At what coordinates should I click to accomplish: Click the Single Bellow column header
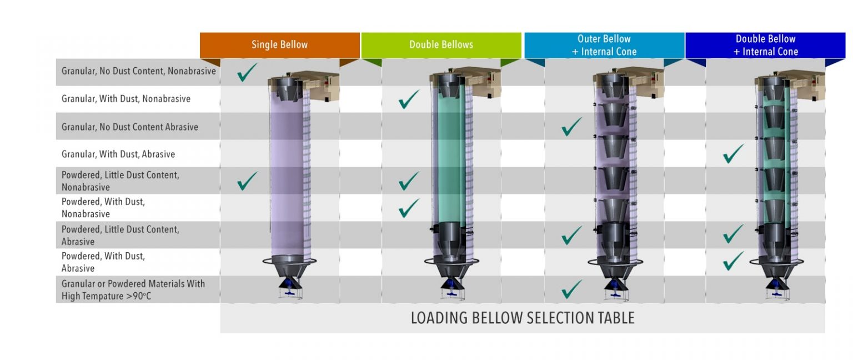[x=279, y=45]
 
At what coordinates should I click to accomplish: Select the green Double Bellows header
[x=441, y=45]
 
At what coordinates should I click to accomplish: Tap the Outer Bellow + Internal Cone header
[x=604, y=45]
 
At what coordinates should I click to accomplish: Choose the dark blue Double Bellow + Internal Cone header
[x=765, y=45]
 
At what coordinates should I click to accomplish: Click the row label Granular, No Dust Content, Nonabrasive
[x=138, y=72]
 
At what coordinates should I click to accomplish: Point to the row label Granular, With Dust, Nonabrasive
[x=126, y=99]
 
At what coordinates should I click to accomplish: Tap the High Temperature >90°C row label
[x=133, y=289]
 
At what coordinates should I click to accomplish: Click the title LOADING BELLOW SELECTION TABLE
[x=522, y=318]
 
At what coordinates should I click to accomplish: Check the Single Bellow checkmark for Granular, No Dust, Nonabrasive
[x=247, y=72]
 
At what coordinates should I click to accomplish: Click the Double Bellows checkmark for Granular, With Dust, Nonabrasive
[x=409, y=99]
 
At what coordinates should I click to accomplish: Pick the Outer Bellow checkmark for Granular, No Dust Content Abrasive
[x=571, y=127]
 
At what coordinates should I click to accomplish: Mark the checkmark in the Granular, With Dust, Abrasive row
[x=734, y=153]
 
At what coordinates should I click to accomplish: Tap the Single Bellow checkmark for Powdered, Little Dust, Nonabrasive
[x=247, y=181]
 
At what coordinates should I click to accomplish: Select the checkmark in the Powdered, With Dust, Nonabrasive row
[x=409, y=208]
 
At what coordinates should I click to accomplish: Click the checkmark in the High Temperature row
[x=571, y=289]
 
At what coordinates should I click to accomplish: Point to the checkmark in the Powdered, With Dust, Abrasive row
[x=734, y=261]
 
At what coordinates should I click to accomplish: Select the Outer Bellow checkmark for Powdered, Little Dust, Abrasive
[x=571, y=235]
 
